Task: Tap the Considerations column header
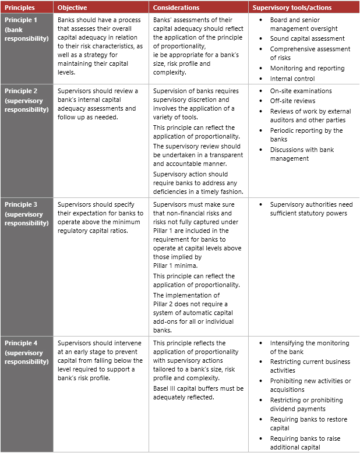tap(176, 8)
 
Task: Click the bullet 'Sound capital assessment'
tap(307, 38)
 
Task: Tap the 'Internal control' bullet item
tap(292, 79)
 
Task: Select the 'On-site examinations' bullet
tap(301, 91)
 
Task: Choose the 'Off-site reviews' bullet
tap(292, 101)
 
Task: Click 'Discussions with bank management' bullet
tap(302, 154)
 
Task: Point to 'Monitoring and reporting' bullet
tap(307, 68)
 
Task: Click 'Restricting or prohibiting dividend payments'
tap(306, 405)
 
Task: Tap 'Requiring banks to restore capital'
tap(308, 424)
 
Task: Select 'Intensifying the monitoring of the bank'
tap(309, 348)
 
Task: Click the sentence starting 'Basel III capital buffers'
tap(198, 393)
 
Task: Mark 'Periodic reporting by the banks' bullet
tap(306, 135)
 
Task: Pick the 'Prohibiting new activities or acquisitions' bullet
tap(310, 385)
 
